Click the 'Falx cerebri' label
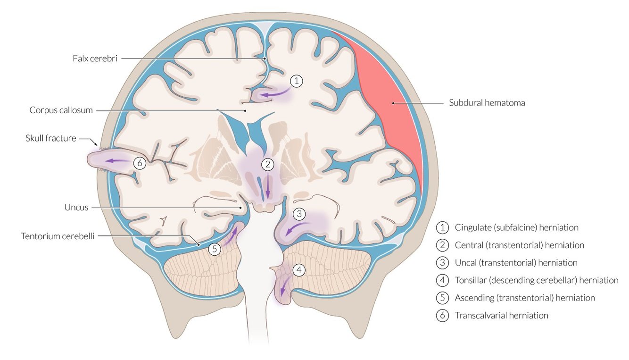95,59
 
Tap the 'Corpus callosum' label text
61,110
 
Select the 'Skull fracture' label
51,139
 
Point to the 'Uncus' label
76,207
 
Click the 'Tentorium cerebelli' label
58,236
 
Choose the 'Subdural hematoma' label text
487,102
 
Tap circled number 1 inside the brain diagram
296,81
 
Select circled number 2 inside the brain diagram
267,165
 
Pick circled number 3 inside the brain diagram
299,214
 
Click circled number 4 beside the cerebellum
299,270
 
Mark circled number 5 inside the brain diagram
215,249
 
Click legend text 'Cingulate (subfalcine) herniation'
516,227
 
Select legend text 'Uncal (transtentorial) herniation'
516,263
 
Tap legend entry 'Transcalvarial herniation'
501,316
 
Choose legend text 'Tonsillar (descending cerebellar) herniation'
536,280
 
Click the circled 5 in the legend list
442,298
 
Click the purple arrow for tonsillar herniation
283,288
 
